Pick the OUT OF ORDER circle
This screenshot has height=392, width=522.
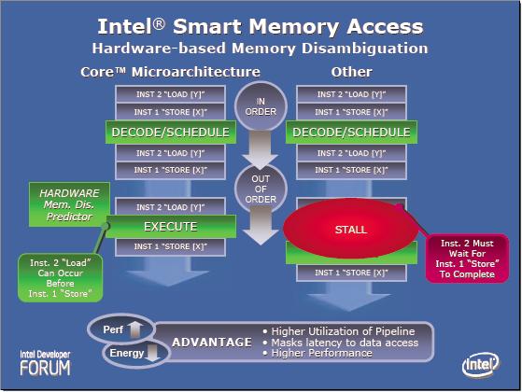coord(261,188)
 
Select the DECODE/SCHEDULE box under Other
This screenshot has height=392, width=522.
coord(350,133)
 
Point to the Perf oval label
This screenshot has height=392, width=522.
coord(118,330)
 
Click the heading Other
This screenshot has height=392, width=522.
coord(350,72)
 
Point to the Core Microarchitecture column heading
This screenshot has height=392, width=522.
coord(167,72)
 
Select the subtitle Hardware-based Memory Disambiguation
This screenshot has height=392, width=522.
coord(261,48)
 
